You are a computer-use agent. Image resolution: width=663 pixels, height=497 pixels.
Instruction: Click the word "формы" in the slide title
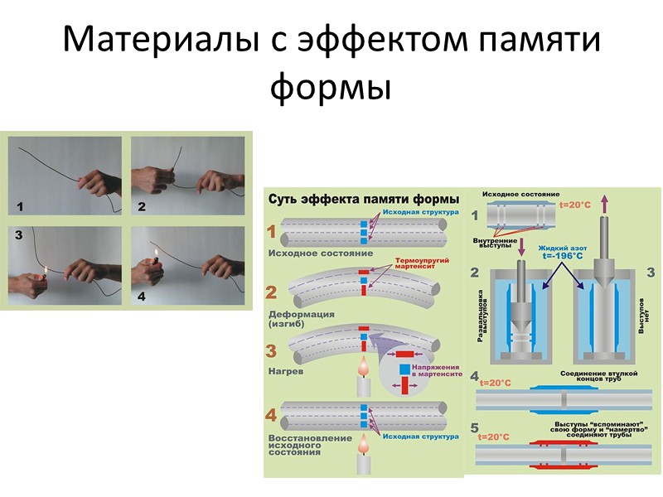[x=331, y=85]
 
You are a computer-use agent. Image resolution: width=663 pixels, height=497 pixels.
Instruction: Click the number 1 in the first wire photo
[x=19, y=204]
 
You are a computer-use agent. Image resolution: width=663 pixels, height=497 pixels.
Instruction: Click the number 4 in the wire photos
[x=141, y=296]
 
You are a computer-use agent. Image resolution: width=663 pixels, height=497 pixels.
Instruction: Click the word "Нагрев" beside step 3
[x=286, y=372]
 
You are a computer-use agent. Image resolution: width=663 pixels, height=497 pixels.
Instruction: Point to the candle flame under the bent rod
[x=362, y=365]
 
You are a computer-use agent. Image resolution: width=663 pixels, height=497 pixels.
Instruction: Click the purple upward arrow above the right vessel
[x=603, y=201]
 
